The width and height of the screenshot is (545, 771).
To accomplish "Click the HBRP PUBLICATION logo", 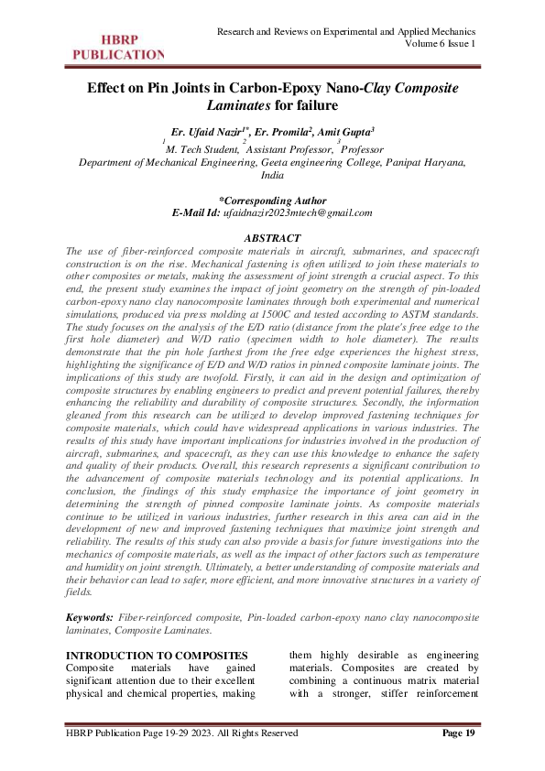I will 114,47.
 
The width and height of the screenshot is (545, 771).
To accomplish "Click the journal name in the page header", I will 346,32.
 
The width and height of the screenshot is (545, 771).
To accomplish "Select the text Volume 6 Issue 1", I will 441,44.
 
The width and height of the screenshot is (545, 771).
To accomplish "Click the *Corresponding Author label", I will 272,200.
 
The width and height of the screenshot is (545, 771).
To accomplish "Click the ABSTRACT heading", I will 272,238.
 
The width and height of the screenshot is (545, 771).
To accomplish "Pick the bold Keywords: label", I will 89,619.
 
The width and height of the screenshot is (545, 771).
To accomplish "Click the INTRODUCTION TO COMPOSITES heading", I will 158,655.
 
